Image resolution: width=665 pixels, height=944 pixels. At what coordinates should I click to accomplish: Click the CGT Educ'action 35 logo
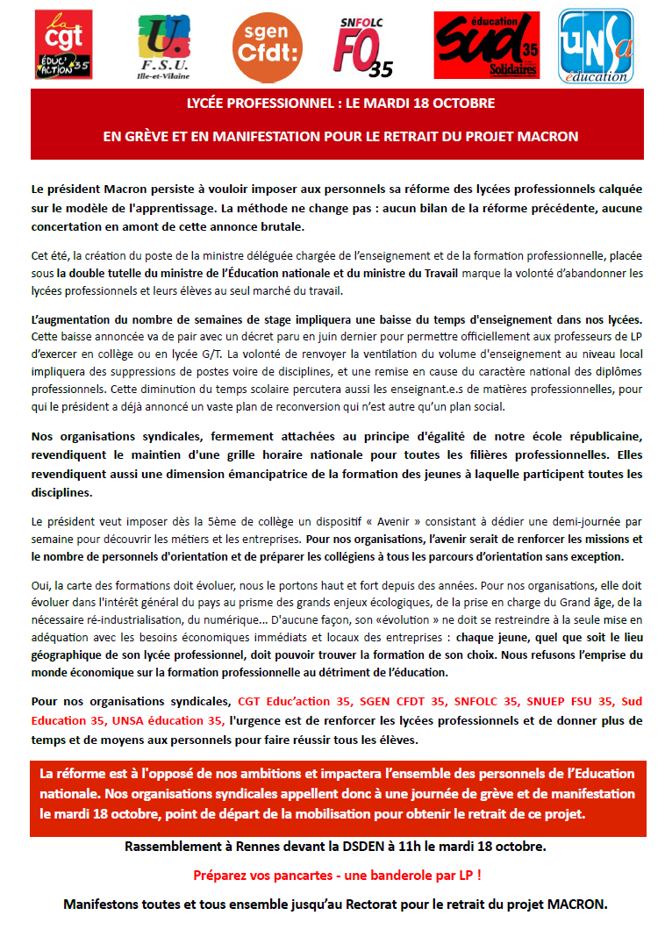coord(63,44)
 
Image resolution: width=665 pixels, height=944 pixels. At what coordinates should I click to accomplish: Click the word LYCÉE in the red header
coord(211,104)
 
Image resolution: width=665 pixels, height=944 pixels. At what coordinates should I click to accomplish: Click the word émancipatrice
coord(241,475)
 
